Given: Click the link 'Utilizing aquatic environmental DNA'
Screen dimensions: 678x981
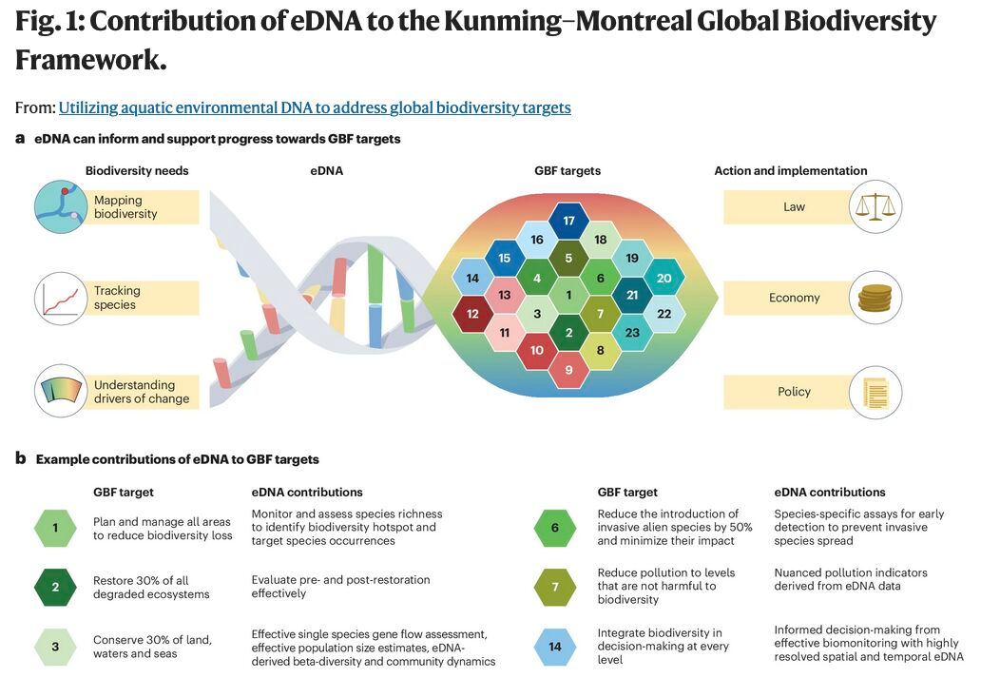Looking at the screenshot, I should [x=315, y=107].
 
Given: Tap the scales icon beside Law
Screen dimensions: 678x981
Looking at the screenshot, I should [x=875, y=206].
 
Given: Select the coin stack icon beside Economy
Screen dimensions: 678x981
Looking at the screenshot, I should [x=875, y=298].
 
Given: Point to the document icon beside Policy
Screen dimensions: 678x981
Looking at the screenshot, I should [x=875, y=391].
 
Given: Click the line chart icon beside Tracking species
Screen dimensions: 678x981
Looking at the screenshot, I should [x=61, y=298].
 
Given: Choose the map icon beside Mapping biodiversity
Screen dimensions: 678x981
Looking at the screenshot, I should [x=61, y=206].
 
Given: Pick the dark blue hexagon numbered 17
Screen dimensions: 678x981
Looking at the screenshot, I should [x=568, y=222].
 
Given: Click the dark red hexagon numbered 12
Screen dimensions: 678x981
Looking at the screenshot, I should [x=472, y=313].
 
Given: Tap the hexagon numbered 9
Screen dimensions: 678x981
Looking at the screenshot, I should [x=568, y=369].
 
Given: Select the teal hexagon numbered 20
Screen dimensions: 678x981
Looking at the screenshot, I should [x=664, y=278].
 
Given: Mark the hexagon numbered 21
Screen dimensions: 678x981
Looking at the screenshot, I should [x=632, y=296].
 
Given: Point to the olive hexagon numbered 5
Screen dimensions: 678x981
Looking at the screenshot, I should [x=568, y=258].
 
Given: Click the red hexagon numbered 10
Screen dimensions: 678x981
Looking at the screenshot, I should [x=536, y=351].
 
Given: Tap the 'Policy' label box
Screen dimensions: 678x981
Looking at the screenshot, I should [x=794, y=391].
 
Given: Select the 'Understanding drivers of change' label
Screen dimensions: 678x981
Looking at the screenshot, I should [x=142, y=392].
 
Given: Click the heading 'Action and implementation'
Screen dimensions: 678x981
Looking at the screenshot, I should [x=790, y=171].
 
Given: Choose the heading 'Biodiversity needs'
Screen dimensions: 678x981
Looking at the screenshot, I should [x=137, y=171].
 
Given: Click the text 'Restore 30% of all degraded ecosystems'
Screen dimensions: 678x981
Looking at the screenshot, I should [x=152, y=587].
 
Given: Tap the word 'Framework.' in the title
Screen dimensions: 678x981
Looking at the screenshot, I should [x=91, y=60].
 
